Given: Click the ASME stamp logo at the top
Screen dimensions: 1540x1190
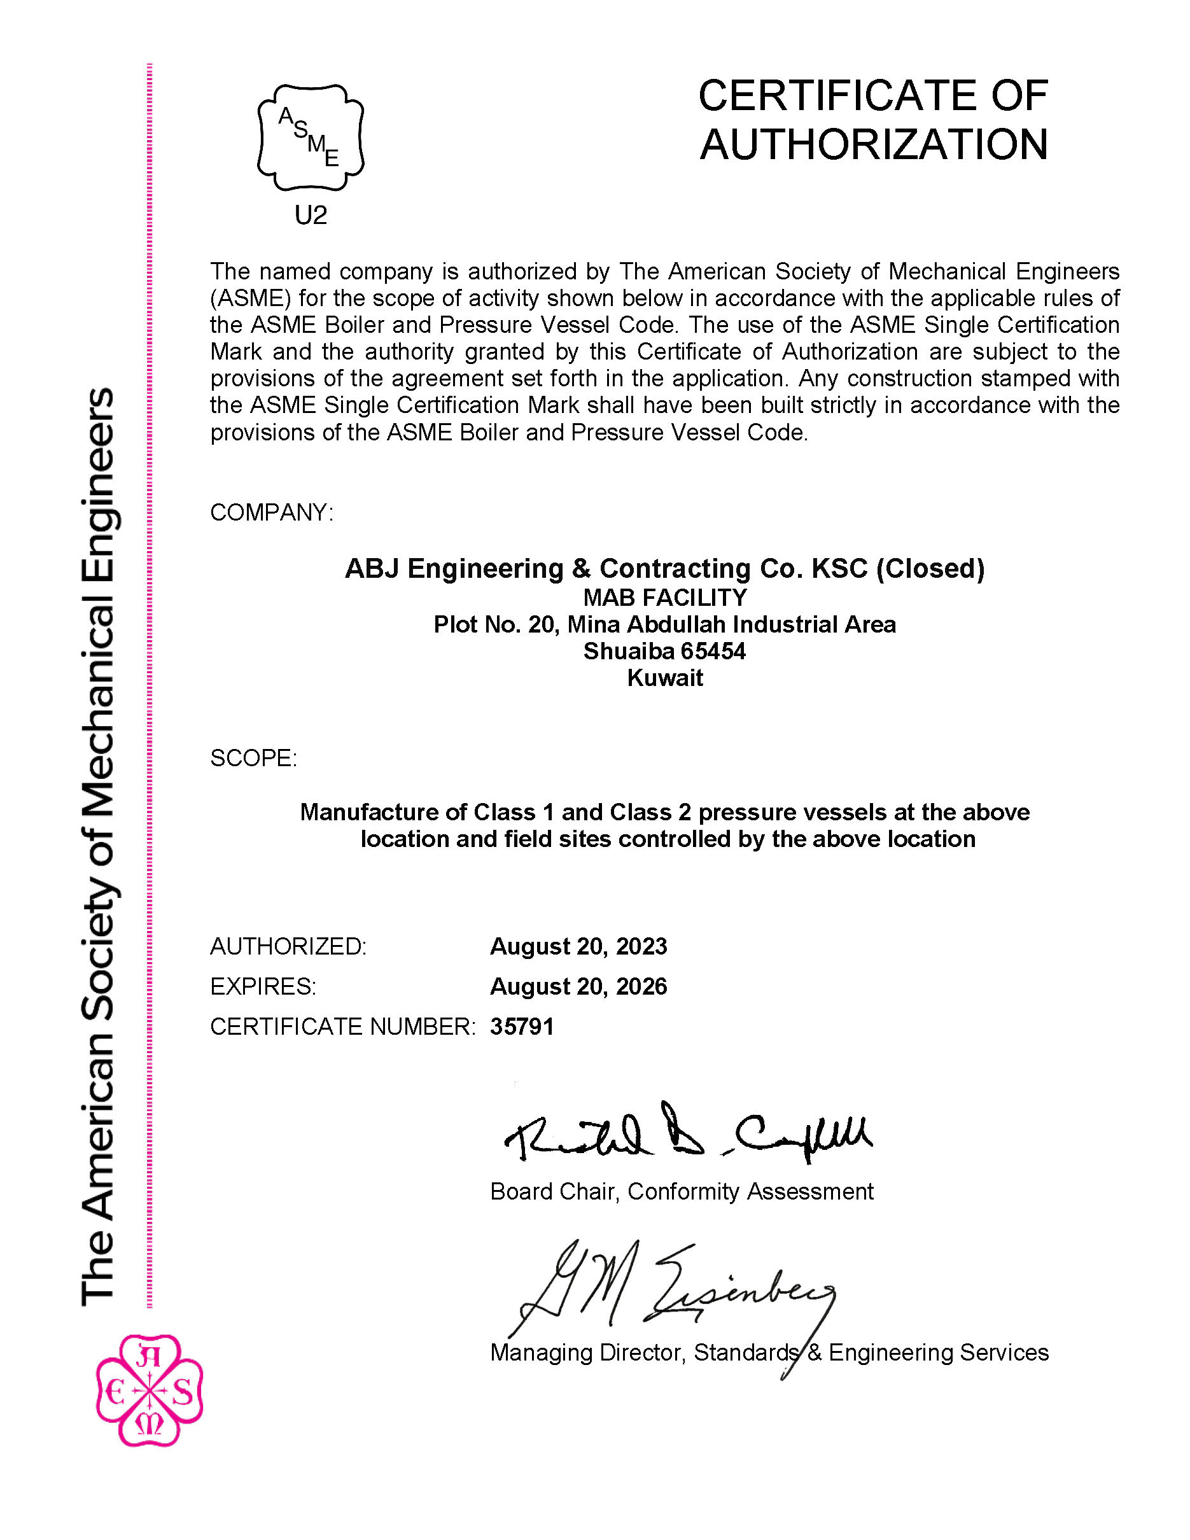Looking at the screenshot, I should click(x=310, y=137).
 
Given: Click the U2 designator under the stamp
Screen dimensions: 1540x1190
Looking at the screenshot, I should click(x=310, y=215).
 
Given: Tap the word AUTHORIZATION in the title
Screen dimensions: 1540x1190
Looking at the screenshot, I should click(x=874, y=144).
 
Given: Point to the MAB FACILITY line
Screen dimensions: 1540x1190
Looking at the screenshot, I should click(x=664, y=598).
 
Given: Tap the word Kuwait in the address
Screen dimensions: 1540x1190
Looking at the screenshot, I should click(x=665, y=678).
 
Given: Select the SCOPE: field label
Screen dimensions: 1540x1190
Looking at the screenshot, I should click(x=254, y=758).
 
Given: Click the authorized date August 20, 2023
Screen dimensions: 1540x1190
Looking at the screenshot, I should click(x=578, y=946).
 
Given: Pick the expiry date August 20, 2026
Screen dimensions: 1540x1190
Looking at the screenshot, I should click(x=578, y=986).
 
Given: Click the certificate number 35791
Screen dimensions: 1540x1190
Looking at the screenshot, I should click(x=522, y=1026).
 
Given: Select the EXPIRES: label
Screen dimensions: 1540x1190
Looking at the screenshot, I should click(x=263, y=986).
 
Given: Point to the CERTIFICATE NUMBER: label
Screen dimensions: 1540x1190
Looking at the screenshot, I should click(x=342, y=1026).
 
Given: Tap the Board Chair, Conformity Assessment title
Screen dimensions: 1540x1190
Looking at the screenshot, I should click(x=681, y=1192).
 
